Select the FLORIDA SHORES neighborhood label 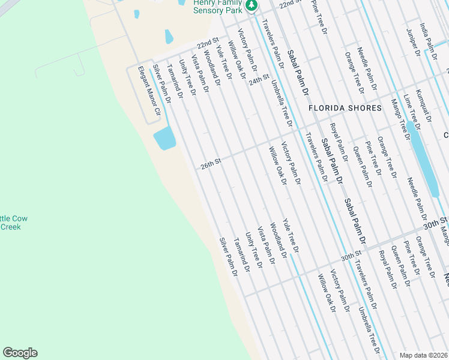[x=345, y=108]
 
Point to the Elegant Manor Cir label [x=150, y=91]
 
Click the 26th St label [x=211, y=163]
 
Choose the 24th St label [x=259, y=80]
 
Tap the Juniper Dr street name [x=412, y=42]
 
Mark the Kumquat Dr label [x=424, y=104]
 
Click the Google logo [x=20, y=353]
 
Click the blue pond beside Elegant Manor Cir [x=164, y=139]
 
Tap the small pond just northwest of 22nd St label [x=169, y=37]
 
